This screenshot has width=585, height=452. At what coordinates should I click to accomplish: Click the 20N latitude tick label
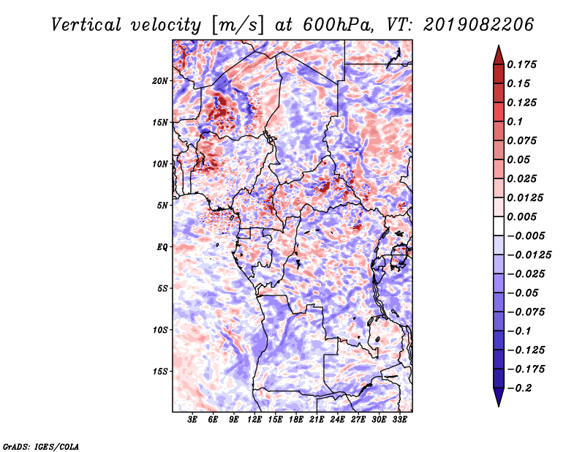click(160, 81)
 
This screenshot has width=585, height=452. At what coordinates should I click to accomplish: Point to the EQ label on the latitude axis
click(162, 247)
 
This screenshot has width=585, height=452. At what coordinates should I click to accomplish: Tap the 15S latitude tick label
click(160, 372)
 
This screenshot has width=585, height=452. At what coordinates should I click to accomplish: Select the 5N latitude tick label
click(162, 206)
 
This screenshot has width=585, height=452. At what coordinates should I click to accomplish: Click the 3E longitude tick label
click(192, 420)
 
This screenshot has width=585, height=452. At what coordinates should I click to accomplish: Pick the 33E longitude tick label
click(399, 420)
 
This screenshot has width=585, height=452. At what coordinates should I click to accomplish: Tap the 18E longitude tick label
click(296, 420)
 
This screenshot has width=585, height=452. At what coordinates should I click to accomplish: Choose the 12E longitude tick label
click(254, 420)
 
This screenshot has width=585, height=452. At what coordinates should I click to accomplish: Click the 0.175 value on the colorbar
click(521, 64)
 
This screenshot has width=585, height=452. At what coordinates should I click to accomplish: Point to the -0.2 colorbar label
click(519, 388)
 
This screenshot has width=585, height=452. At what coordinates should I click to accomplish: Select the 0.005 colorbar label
click(521, 216)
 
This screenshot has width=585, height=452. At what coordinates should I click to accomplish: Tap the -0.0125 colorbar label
click(529, 255)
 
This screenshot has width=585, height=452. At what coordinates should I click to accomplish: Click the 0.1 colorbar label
click(515, 121)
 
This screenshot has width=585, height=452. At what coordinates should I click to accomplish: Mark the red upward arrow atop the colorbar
click(499, 55)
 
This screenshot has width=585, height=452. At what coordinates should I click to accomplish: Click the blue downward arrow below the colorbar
click(499, 397)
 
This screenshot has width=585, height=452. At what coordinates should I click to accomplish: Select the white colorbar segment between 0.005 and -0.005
click(499, 226)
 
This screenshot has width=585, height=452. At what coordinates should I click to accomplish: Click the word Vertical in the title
click(86, 25)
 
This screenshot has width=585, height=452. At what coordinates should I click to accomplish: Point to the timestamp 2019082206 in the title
click(478, 25)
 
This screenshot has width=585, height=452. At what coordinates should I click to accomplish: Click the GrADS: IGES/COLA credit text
click(41, 447)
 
